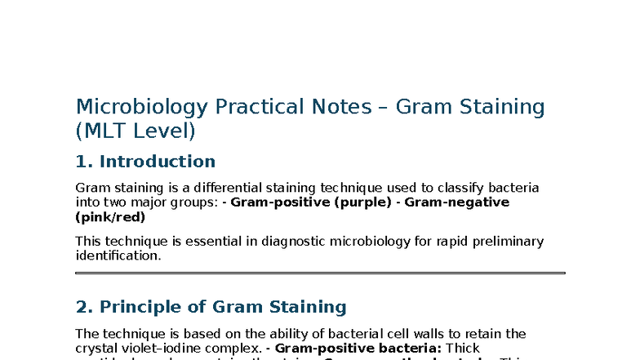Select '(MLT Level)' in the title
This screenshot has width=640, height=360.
coord(136,131)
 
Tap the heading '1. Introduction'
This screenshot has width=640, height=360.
coord(145,162)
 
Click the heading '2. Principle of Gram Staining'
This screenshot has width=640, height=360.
coord(211,307)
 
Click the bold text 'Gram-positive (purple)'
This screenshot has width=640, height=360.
coord(311,202)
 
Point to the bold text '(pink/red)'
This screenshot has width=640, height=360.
coord(110,217)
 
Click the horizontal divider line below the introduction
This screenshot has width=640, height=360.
coord(320,273)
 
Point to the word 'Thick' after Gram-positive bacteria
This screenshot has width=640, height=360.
coord(462,348)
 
